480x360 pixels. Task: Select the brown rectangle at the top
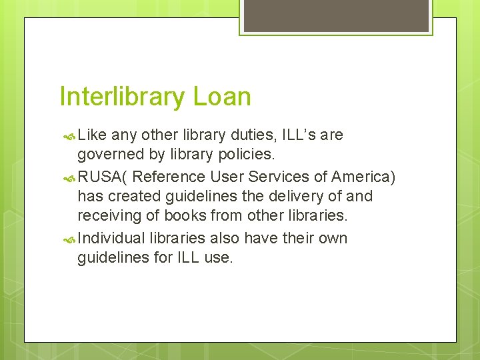coord(336,15)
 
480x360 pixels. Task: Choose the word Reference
coord(169,177)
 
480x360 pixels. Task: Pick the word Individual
coord(111,239)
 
